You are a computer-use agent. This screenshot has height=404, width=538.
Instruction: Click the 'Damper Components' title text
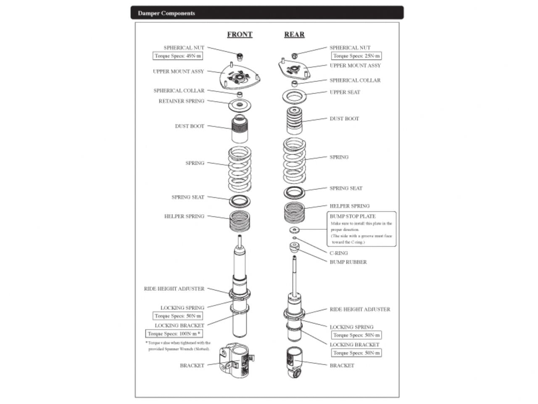tap(166, 13)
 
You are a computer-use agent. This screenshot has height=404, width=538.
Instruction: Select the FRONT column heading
tap(240, 35)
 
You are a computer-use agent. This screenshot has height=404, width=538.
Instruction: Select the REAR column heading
tap(294, 35)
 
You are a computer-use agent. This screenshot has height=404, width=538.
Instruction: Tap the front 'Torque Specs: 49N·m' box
tap(178, 56)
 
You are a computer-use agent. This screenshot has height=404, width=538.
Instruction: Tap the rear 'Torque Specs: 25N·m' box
tap(356, 56)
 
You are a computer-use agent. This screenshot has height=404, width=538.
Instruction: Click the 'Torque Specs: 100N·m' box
tap(174, 334)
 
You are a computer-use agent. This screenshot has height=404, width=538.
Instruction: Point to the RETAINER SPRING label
tap(182, 101)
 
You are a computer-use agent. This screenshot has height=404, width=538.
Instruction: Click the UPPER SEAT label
tap(345, 92)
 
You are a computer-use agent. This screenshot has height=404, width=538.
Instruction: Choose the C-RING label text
tap(339, 253)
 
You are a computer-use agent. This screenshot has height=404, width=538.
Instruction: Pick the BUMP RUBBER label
tap(348, 262)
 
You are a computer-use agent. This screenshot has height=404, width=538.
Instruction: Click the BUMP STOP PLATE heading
tap(353, 216)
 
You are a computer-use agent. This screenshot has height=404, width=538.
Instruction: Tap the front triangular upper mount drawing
tap(240, 77)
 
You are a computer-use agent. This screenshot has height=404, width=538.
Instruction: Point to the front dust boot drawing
tap(240, 128)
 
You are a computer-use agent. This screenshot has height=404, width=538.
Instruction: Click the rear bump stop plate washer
tap(294, 230)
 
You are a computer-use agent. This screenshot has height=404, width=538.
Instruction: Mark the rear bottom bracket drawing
tap(294, 362)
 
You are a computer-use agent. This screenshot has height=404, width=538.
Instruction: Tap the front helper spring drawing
tap(240, 221)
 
